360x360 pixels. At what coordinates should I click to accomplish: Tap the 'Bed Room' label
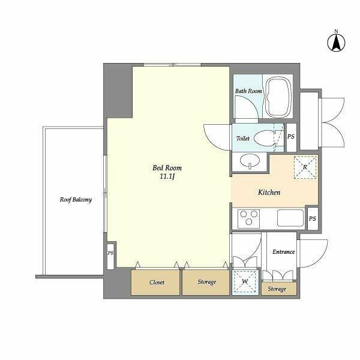tap(167, 168)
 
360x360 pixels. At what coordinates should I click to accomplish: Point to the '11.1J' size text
tap(167, 176)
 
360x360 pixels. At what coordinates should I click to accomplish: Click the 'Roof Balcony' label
tap(76, 200)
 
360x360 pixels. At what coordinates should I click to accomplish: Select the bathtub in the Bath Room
tap(278, 96)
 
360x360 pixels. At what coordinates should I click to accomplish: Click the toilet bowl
tap(265, 138)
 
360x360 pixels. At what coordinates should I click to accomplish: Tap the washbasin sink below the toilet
tap(250, 160)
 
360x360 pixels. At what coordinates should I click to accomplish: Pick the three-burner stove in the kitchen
tap(248, 218)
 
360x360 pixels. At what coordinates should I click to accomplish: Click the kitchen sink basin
tap(290, 218)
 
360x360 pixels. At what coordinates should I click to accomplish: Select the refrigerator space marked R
tap(305, 167)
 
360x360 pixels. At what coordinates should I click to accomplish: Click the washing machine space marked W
tap(245, 281)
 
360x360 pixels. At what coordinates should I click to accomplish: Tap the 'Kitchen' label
tap(269, 192)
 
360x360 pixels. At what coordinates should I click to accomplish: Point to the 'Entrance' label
tap(284, 252)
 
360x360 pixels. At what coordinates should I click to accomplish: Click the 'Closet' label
tap(157, 282)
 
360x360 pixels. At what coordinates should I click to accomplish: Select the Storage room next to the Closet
tap(206, 283)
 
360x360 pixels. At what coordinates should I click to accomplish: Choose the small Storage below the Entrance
tap(279, 289)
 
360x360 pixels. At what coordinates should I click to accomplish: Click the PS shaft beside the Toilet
tap(292, 137)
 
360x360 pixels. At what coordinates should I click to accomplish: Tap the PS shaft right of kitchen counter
tap(313, 218)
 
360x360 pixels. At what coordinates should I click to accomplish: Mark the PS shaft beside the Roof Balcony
tap(110, 255)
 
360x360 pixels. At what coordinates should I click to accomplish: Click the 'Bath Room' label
tap(248, 91)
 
